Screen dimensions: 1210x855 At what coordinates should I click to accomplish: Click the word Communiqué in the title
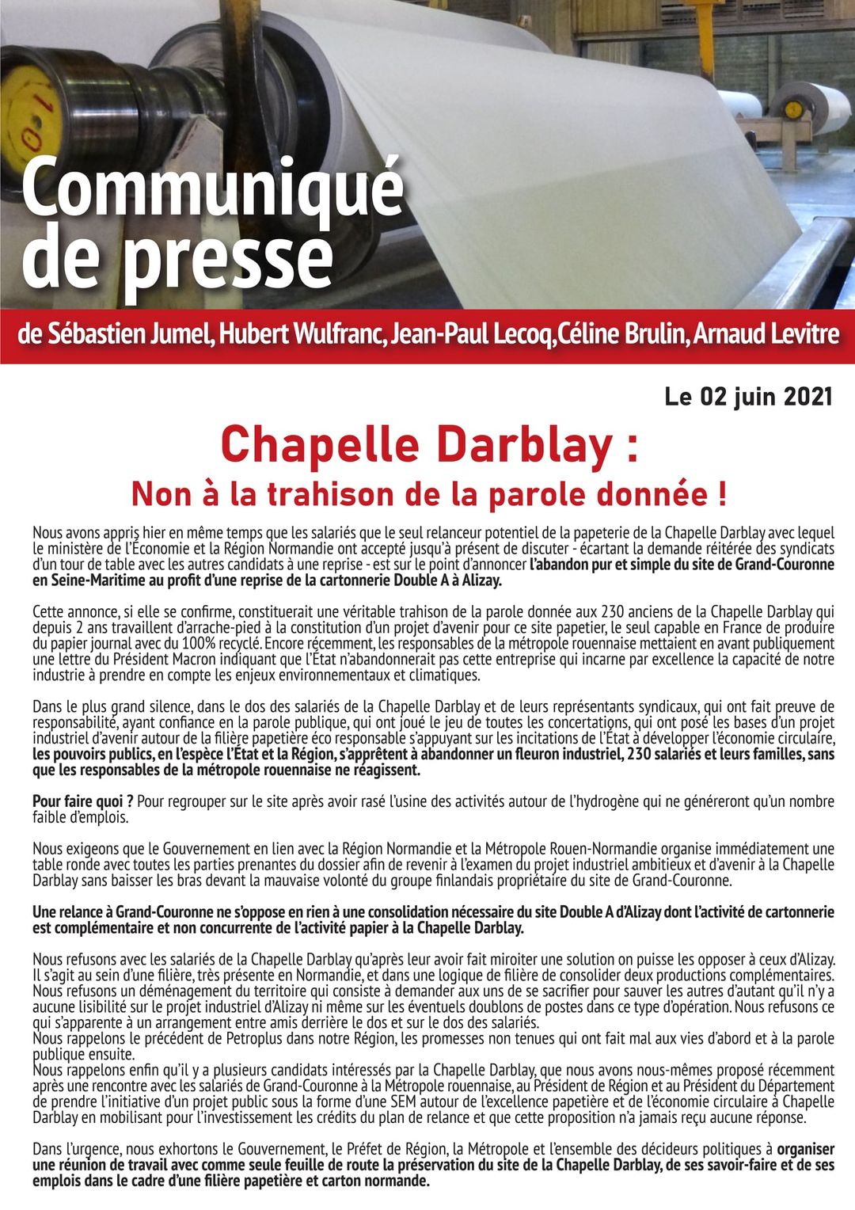(x=212, y=189)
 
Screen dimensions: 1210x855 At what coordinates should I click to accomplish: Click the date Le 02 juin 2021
(x=748, y=396)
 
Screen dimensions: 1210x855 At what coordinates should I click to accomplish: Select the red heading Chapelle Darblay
(x=416, y=445)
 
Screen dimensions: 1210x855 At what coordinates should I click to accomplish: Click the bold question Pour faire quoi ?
(x=82, y=801)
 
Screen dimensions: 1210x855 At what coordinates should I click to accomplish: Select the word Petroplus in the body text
(x=259, y=1038)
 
